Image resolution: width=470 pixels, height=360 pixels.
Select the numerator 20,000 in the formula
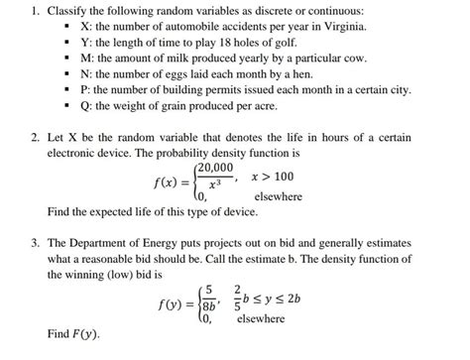[216, 169]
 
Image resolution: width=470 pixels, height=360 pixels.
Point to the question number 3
[33, 243]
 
